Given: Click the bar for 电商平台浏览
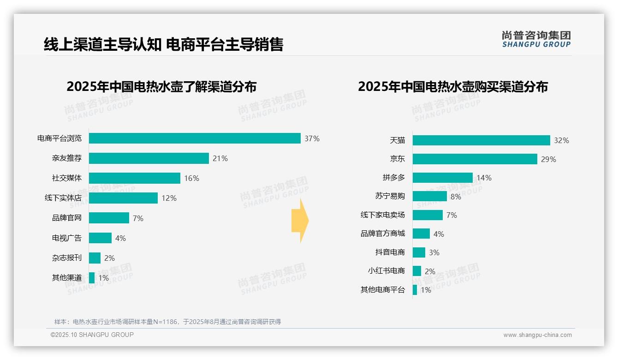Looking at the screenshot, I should click(x=195, y=138).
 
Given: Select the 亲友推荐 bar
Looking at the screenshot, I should click(x=149, y=158).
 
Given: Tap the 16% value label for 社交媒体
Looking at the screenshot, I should click(x=191, y=178).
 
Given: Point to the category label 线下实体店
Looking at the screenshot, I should click(x=63, y=198).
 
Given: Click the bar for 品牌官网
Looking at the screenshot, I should click(x=109, y=218).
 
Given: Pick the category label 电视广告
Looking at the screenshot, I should click(x=67, y=238).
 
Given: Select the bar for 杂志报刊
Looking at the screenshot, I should click(x=95, y=258).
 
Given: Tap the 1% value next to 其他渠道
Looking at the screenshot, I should click(x=103, y=278).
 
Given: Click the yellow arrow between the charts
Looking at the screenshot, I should click(x=300, y=221).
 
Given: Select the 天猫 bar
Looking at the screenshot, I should click(x=481, y=140).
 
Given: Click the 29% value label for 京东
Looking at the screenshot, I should click(x=548, y=159).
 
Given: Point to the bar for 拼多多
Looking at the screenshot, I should click(x=442, y=178).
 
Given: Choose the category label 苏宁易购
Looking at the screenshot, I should click(x=390, y=196).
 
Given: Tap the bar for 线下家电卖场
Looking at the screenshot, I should click(x=428, y=215).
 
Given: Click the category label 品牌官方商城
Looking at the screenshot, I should click(x=383, y=234).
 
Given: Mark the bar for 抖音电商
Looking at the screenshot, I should click(x=419, y=252).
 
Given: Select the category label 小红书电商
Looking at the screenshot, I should click(x=386, y=271).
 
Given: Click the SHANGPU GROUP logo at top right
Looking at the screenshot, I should click(x=536, y=39).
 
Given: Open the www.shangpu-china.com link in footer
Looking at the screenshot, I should click(x=537, y=335).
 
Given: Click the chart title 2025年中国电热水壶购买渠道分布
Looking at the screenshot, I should click(x=452, y=87).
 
